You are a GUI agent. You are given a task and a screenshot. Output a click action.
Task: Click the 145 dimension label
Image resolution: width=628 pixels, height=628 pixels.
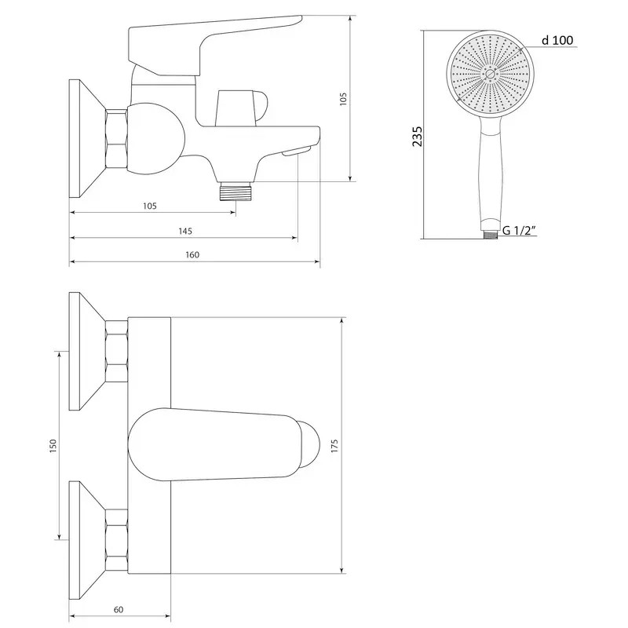pyautogui.click(x=185, y=231)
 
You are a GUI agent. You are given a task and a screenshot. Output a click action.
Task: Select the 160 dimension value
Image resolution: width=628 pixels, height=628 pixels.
pyautogui.click(x=192, y=254)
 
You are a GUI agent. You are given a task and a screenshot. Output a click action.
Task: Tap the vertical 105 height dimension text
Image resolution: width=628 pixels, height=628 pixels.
pyautogui.click(x=343, y=99)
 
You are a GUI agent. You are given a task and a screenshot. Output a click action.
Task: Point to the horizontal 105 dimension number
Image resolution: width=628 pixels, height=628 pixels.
pyautogui.click(x=150, y=206)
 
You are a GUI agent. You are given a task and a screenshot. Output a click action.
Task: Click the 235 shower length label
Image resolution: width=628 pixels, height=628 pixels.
pyautogui.click(x=418, y=136)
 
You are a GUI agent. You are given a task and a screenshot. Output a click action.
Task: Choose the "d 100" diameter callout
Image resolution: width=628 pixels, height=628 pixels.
pyautogui.click(x=557, y=40)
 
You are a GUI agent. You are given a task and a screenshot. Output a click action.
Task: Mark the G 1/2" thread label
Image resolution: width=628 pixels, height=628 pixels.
pyautogui.click(x=519, y=230)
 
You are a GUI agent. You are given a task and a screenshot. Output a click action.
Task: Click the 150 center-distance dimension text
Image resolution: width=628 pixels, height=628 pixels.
pyautogui.click(x=53, y=446)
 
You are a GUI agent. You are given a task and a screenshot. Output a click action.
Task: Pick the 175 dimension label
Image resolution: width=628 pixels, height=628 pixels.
pyautogui.click(x=334, y=446)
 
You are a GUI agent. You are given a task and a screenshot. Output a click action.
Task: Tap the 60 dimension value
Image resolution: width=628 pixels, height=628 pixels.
pyautogui.click(x=119, y=610)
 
